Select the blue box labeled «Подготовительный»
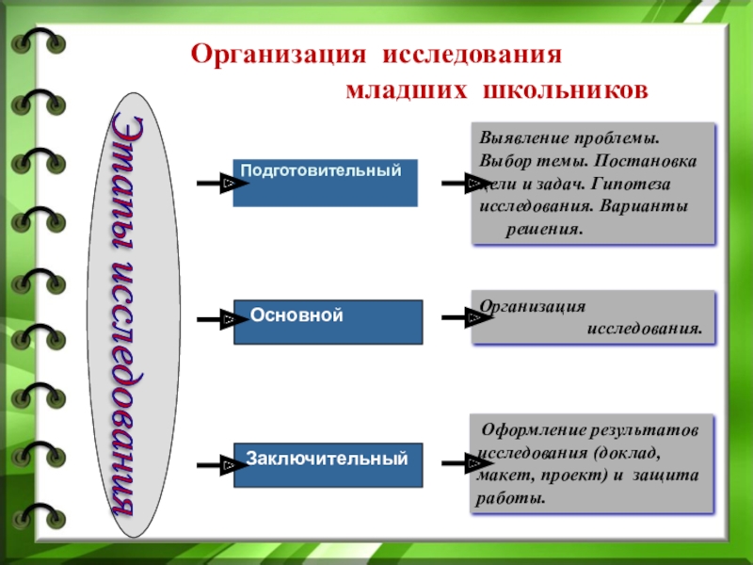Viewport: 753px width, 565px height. [x=325, y=183]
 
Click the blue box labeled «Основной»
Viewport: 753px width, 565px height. [x=328, y=322]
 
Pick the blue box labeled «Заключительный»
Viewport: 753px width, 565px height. [x=328, y=464]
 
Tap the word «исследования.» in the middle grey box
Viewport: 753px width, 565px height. [x=646, y=330]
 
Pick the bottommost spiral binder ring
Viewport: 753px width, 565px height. [x=40, y=515]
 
